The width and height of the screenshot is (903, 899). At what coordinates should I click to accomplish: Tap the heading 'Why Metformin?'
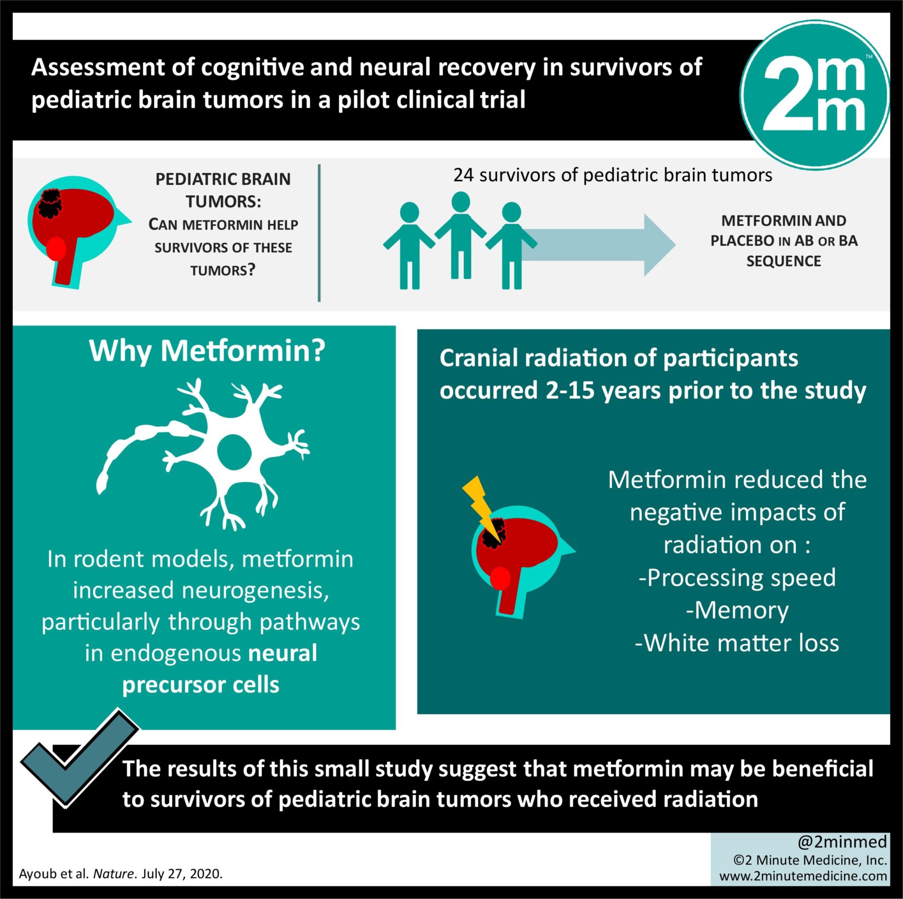click(207, 351)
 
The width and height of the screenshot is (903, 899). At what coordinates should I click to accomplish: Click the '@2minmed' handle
click(842, 842)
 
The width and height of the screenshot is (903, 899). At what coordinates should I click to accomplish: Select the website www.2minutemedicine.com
click(803, 876)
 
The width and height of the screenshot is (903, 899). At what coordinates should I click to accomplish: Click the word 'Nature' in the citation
click(113, 874)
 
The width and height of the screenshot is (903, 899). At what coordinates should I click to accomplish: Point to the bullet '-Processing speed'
click(737, 577)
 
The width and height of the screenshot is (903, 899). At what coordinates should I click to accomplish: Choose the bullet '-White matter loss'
click(737, 643)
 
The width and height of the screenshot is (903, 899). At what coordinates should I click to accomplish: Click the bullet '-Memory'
click(737, 610)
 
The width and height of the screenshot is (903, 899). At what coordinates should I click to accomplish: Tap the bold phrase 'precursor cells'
click(201, 685)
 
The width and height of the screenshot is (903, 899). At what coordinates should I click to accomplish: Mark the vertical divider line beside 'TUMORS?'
click(319, 233)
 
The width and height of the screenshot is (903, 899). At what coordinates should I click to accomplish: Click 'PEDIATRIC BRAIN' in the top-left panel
click(223, 179)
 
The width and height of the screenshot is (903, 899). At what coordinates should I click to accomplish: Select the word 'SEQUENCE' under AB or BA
click(784, 261)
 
